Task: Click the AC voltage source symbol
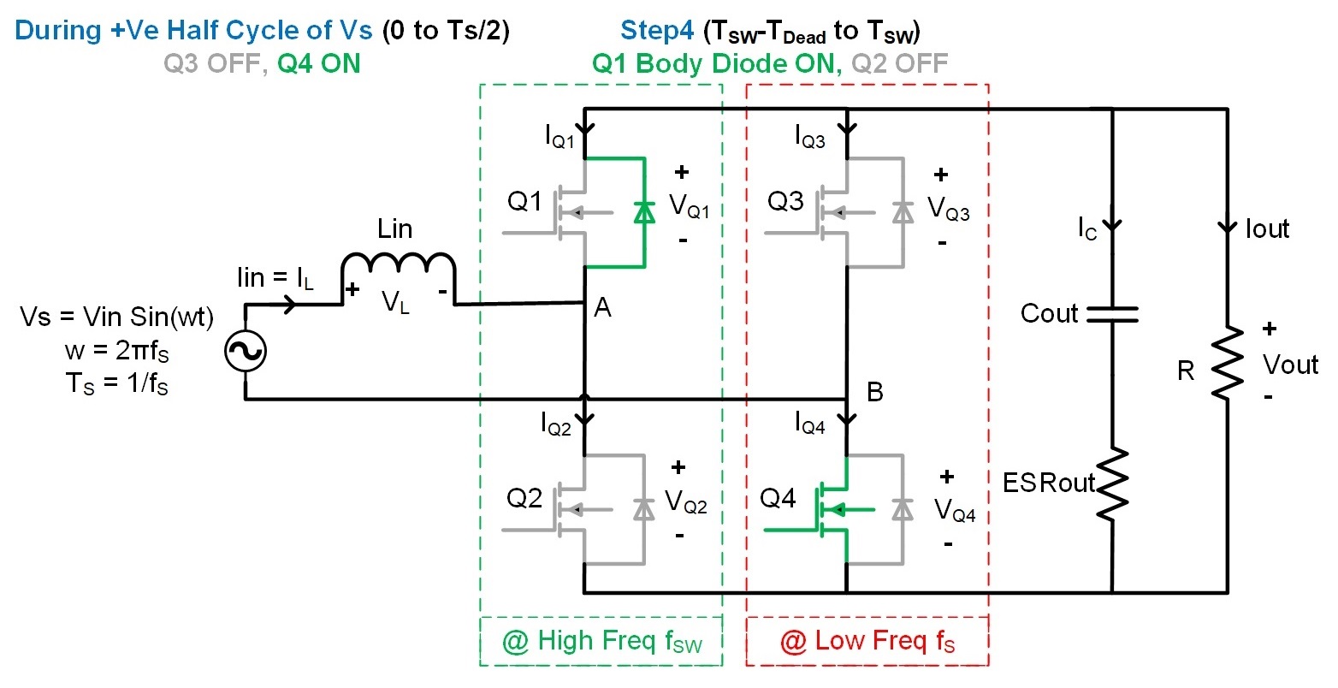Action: pyautogui.click(x=246, y=352)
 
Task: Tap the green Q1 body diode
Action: pyautogui.click(x=643, y=212)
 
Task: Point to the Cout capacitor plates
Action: pyautogui.click(x=1112, y=315)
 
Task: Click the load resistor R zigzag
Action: pyautogui.click(x=1228, y=361)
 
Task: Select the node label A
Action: pyautogui.click(x=602, y=308)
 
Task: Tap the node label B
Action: pyautogui.click(x=874, y=392)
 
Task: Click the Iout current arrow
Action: pyautogui.click(x=1228, y=228)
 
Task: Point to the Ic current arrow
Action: pyautogui.click(x=1112, y=227)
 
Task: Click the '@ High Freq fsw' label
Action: pyautogui.click(x=601, y=642)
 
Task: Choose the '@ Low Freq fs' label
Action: pyautogui.click(x=867, y=642)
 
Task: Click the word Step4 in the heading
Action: pyautogui.click(x=657, y=31)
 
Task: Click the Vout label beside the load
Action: pyautogui.click(x=1290, y=365)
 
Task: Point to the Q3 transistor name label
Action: pyautogui.click(x=785, y=202)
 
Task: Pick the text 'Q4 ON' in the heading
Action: pyautogui.click(x=318, y=63)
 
